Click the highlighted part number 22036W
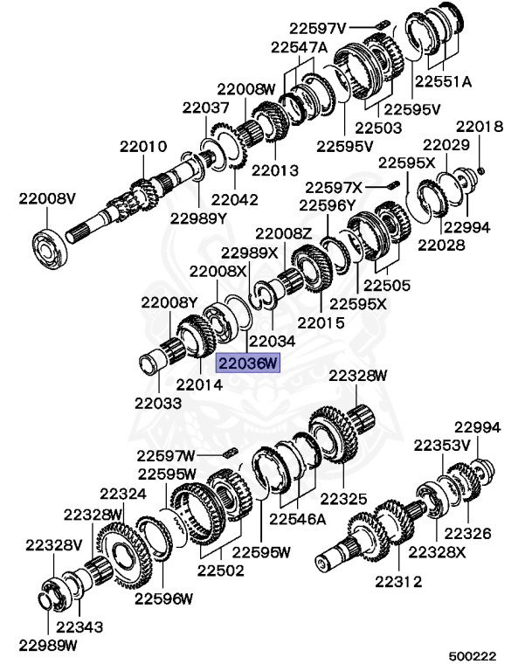tap(247, 363)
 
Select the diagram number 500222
tap(473, 656)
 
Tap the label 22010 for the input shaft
tap(143, 147)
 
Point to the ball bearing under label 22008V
tap(50, 250)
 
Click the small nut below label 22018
tap(480, 170)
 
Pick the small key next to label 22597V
tap(382, 24)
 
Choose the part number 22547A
tap(299, 47)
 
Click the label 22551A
tap(443, 81)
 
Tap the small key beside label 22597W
tap(231, 453)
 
